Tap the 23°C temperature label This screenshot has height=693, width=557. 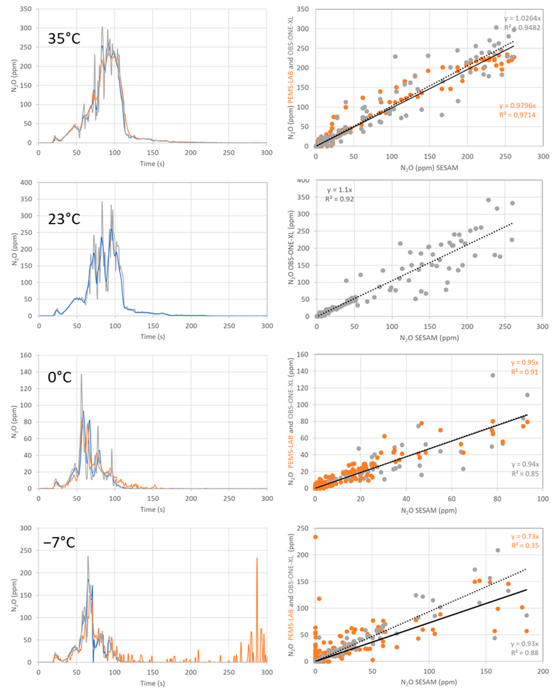pos(64,219)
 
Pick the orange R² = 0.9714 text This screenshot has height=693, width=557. pos(517,115)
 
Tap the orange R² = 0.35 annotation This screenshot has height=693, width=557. pos(525,546)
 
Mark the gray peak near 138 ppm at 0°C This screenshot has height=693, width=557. pos(81,374)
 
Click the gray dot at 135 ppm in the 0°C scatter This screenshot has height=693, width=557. pos(493,375)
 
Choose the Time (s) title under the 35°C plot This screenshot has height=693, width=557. pos(152,164)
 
